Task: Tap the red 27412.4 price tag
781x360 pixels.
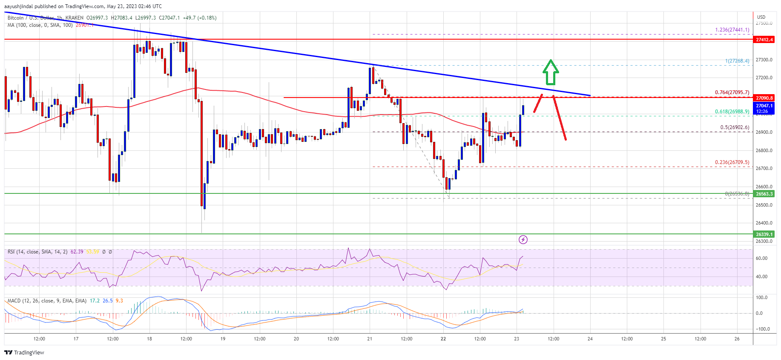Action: [764, 40]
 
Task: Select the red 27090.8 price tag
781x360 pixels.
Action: [764, 98]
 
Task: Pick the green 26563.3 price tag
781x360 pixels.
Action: [764, 194]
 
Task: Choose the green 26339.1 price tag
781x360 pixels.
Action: [764, 234]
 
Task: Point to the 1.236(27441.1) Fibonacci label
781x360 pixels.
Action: [732, 30]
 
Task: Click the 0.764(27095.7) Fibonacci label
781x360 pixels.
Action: [732, 92]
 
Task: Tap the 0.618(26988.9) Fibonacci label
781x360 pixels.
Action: [732, 112]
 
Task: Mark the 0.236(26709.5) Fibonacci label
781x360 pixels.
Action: [732, 162]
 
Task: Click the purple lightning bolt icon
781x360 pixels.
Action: [523, 240]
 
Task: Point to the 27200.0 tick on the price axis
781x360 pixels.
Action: [764, 78]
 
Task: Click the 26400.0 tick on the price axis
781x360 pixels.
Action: [764, 223]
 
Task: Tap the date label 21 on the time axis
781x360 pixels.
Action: [370, 339]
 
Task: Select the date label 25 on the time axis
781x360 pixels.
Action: [663, 339]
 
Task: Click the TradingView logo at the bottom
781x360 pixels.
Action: [24, 352]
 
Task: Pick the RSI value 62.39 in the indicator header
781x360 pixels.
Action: [77, 252]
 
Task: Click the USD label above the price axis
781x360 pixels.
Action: [761, 17]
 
